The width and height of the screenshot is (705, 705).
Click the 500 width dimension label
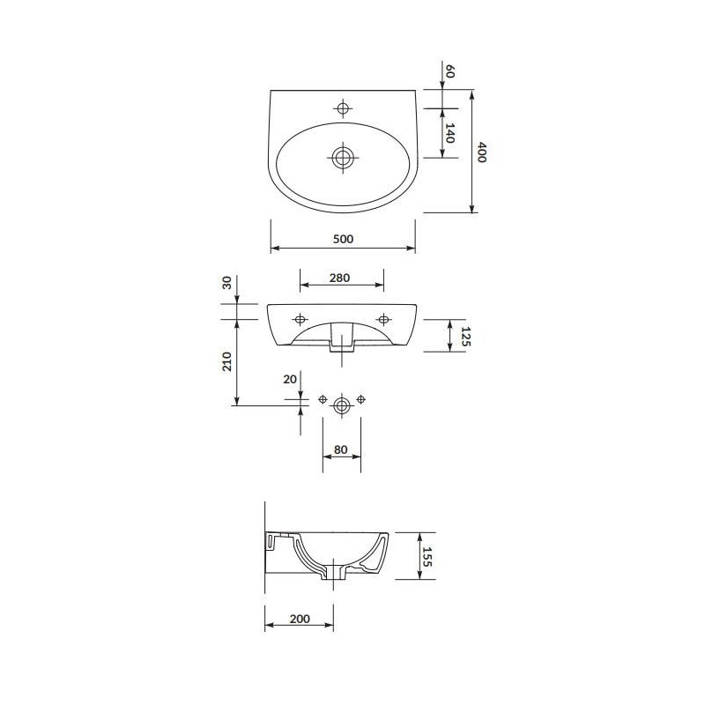(x=343, y=239)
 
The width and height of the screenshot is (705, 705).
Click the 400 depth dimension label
(x=481, y=152)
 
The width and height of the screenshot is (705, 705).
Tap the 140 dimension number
(x=449, y=133)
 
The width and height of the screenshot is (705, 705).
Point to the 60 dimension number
(x=449, y=71)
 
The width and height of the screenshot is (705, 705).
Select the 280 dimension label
(x=339, y=278)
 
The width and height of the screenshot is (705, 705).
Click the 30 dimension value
(x=226, y=283)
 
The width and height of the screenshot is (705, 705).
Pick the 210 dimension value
(x=226, y=361)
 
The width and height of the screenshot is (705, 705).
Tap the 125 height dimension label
(x=465, y=337)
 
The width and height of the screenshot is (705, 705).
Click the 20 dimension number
(x=290, y=380)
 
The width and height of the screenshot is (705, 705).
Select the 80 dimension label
(x=341, y=449)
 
